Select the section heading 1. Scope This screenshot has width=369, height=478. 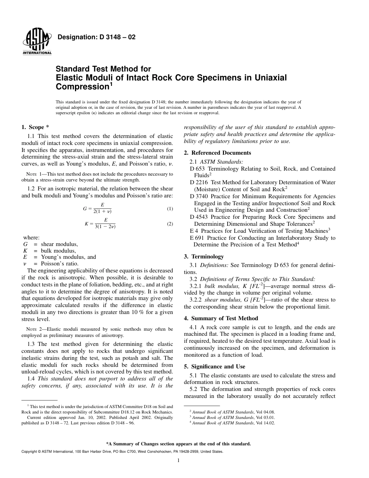pos(35,127)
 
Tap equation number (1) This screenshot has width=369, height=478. pos(170,209)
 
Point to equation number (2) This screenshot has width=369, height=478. pos(170,224)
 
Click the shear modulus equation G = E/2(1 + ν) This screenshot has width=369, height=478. pos(99,209)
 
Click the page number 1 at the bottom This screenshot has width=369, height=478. pos(178,461)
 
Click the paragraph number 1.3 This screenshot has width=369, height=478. pos(31,344)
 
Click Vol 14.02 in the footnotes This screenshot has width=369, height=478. pos(266,423)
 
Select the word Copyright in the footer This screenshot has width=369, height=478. pos(30,452)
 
